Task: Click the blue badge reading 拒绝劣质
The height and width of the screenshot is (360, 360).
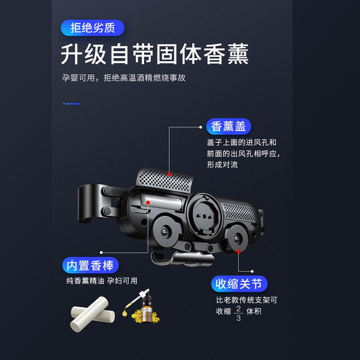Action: click(x=92, y=28)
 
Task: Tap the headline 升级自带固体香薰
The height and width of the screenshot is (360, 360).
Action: click(x=155, y=54)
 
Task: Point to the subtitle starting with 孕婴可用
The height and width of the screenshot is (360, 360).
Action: click(x=124, y=78)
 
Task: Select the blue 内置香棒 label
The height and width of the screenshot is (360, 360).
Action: click(x=90, y=265)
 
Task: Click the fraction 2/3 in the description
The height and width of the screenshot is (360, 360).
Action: click(x=238, y=313)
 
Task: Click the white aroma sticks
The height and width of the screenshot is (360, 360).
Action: click(x=90, y=315)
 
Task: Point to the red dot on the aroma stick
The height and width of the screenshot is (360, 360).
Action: click(x=148, y=203)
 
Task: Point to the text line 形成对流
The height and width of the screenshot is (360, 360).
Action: click(x=222, y=165)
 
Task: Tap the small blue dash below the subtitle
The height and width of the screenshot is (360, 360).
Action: click(x=72, y=103)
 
